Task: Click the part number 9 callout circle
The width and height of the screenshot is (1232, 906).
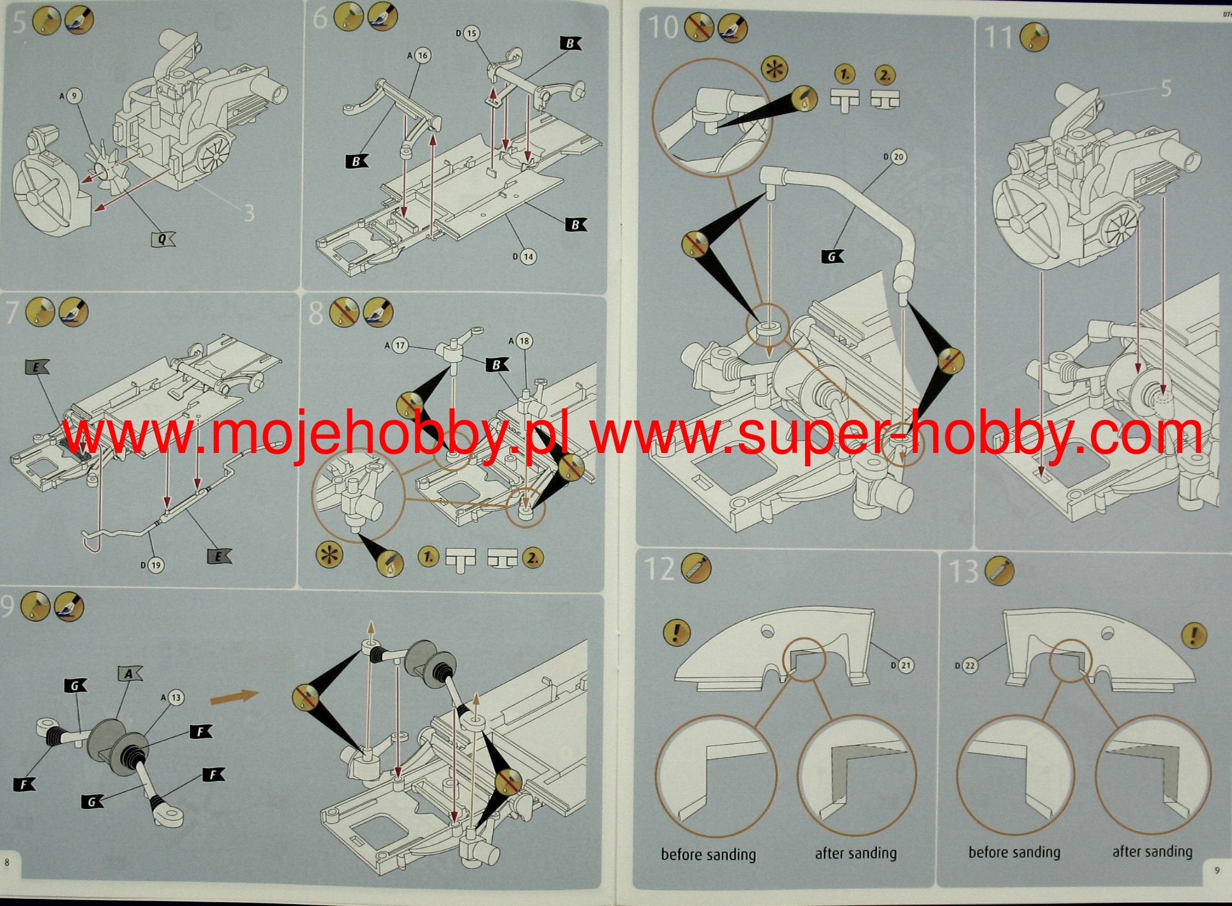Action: [74, 96]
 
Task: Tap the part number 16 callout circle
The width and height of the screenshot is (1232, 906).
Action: [422, 56]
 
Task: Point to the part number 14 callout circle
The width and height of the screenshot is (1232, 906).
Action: [527, 256]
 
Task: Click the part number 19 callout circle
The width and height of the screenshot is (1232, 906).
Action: [155, 565]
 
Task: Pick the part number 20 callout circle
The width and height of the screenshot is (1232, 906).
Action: [898, 157]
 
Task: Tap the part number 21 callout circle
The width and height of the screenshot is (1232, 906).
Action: [905, 665]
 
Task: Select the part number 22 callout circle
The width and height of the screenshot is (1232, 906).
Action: [969, 666]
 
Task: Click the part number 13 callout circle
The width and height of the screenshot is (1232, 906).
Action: [176, 697]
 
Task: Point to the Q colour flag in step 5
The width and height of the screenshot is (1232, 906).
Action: [163, 239]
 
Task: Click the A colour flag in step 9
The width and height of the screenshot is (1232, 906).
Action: [130, 674]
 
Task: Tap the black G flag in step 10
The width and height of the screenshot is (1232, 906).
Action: [832, 256]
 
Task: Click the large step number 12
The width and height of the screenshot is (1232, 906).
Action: [659, 568]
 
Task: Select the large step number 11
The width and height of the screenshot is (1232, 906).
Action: [999, 37]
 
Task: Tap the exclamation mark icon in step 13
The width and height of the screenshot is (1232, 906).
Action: [1192, 635]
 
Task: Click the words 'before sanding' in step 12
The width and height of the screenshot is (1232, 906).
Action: [708, 854]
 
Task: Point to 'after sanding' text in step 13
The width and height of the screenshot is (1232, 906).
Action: [1152, 852]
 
